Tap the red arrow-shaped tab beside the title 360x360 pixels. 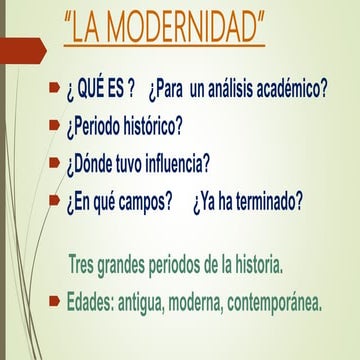point(23,51)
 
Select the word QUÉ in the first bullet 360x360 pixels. point(91,90)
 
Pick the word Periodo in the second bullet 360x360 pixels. point(92,128)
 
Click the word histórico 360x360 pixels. point(152,127)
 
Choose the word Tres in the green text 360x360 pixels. point(81,265)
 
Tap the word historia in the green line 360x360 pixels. point(256,265)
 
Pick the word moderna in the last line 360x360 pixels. point(196,303)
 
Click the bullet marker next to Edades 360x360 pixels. point(54,301)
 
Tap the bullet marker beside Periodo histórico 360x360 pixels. point(54,125)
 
